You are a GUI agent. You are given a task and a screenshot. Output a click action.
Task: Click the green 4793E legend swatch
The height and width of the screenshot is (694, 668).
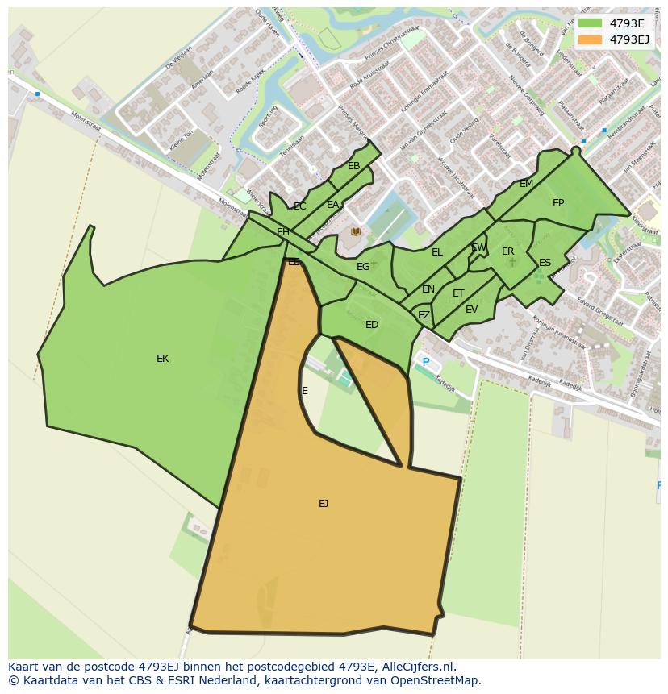click(590, 23)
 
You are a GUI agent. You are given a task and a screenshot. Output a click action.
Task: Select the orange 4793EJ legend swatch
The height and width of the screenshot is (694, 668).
click(590, 39)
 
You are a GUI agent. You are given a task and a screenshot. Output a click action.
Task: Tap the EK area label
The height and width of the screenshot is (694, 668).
click(162, 359)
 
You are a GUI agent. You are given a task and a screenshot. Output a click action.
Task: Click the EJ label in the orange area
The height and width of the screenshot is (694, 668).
click(324, 504)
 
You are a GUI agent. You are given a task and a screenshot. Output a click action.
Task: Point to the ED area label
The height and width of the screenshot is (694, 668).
click(372, 325)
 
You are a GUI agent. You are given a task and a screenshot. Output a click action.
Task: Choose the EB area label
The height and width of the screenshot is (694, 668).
click(354, 166)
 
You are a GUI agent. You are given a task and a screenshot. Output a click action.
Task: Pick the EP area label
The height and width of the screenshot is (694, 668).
click(558, 203)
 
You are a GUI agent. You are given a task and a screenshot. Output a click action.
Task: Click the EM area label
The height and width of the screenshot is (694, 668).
click(527, 184)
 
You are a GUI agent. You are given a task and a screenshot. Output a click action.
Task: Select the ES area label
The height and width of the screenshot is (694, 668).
click(545, 263)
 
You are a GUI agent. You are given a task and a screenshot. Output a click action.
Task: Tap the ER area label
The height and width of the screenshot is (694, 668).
click(507, 251)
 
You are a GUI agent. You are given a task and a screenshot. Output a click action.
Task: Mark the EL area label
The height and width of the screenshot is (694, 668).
click(437, 252)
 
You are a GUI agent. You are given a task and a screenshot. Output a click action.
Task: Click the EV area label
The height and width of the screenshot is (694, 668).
click(472, 310)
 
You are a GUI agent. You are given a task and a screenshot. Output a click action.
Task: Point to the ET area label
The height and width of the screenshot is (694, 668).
click(458, 293)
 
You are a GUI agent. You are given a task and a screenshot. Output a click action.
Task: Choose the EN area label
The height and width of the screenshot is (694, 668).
click(428, 289)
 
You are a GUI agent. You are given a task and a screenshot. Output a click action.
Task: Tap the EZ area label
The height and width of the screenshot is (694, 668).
click(424, 315)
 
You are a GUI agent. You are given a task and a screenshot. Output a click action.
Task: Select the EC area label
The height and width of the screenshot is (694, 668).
click(300, 206)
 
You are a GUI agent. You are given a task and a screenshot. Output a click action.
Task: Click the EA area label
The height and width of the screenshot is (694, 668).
click(333, 205)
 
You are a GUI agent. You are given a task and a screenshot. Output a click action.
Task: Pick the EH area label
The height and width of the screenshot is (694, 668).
click(283, 232)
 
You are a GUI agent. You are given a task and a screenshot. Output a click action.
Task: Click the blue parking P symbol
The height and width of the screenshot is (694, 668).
click(426, 363)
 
